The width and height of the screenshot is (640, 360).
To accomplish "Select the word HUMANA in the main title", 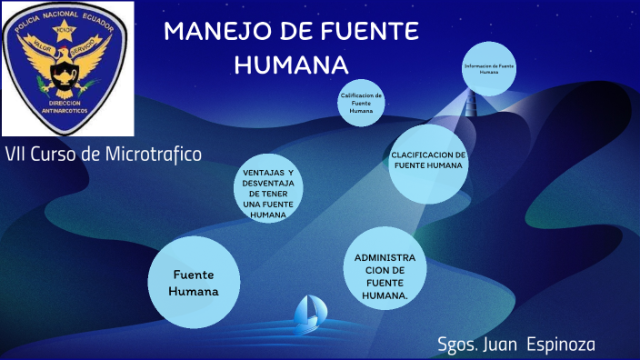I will tap(292, 65).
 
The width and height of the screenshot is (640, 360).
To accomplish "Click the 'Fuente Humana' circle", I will tap(194, 283).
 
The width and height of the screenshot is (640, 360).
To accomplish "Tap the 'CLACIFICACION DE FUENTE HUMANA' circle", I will tap(428, 161).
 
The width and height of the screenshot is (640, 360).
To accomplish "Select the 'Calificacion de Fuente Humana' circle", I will tap(361, 103).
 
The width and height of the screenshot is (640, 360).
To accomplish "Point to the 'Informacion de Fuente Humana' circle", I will tap(489, 68).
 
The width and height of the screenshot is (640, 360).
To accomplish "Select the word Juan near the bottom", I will tap(506, 344).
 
